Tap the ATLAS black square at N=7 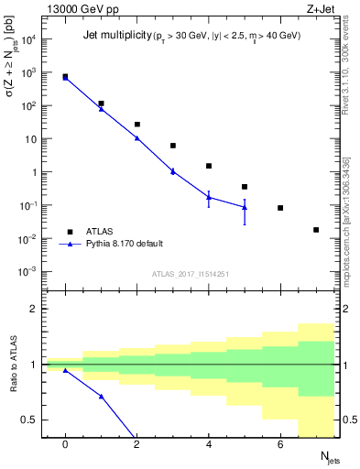coord(316,230)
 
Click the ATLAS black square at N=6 coord(280,208)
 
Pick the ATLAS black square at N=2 coord(136,125)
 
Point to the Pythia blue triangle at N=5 coord(245,207)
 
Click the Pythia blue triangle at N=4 coord(209,197)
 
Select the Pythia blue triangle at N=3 coord(172,171)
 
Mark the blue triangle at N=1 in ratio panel coord(101,397)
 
